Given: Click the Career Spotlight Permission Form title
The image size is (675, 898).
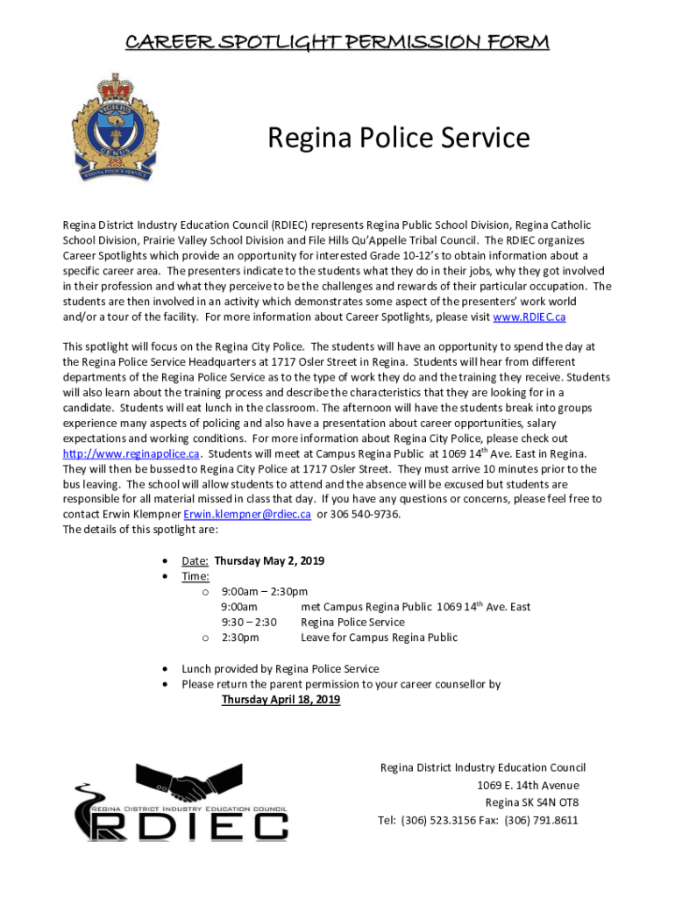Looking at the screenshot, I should tap(337, 42).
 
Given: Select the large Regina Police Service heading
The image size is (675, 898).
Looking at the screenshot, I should tap(398, 138).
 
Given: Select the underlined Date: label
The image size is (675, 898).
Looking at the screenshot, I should tap(195, 561).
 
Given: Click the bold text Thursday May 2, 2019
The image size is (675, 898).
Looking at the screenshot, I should tap(269, 561).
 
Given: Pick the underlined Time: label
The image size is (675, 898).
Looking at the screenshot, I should tap(195, 576).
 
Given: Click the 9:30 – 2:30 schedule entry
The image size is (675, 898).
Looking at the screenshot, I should tap(249, 623).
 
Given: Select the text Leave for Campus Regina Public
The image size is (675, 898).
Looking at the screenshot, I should tap(379, 638).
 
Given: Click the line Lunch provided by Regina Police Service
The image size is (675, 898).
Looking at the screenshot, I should tap(281, 668).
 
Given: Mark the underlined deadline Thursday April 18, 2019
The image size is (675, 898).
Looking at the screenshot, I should tap(281, 700).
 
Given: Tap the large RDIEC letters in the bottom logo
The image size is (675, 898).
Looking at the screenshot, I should tap(191, 827).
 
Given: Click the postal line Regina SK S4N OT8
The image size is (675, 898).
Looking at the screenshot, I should tap(531, 803).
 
